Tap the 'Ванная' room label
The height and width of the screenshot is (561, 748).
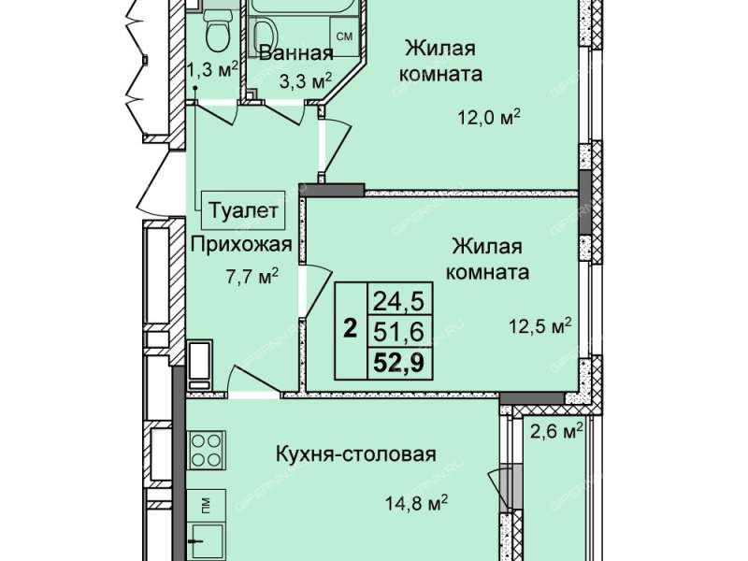(x=295, y=53)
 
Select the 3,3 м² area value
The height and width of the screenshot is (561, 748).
(x=306, y=81)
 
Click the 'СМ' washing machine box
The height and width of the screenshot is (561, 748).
(x=344, y=36)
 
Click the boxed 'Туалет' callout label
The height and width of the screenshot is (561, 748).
(x=243, y=210)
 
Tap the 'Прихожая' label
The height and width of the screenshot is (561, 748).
(x=241, y=244)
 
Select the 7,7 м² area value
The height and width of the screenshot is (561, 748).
(x=252, y=277)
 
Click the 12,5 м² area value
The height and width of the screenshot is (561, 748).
(x=541, y=326)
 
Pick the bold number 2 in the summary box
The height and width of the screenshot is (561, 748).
(x=351, y=329)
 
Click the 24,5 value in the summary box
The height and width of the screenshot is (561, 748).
(x=398, y=301)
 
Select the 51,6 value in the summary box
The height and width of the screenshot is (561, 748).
(x=398, y=332)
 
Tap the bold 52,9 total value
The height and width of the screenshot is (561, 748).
(x=398, y=364)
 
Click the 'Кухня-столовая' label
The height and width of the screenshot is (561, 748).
(x=356, y=454)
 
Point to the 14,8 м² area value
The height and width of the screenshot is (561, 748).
(x=416, y=503)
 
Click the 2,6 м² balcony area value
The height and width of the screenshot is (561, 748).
(x=557, y=432)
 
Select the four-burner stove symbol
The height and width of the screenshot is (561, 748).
(x=207, y=450)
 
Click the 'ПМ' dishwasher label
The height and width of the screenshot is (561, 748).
(x=206, y=504)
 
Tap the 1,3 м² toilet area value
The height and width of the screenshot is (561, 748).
(x=212, y=72)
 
